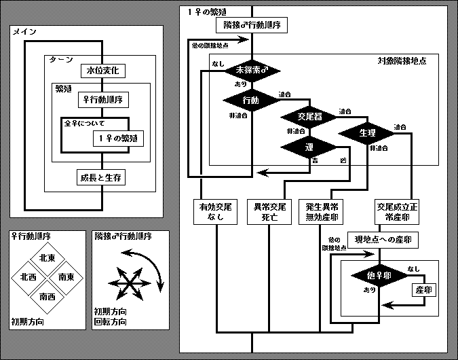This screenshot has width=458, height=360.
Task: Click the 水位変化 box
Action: [102, 71]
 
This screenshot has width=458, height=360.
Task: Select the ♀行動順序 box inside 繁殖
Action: [103, 100]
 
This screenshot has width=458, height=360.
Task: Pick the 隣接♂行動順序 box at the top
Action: [252, 26]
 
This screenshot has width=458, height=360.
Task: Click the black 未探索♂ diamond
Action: [252, 70]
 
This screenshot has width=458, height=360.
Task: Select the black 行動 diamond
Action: [251, 101]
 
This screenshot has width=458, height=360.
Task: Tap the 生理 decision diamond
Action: [367, 132]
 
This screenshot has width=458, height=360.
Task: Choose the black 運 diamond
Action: [308, 147]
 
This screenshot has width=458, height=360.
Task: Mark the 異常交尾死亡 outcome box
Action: [269, 212]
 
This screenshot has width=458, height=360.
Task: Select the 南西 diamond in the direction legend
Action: [47, 297]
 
